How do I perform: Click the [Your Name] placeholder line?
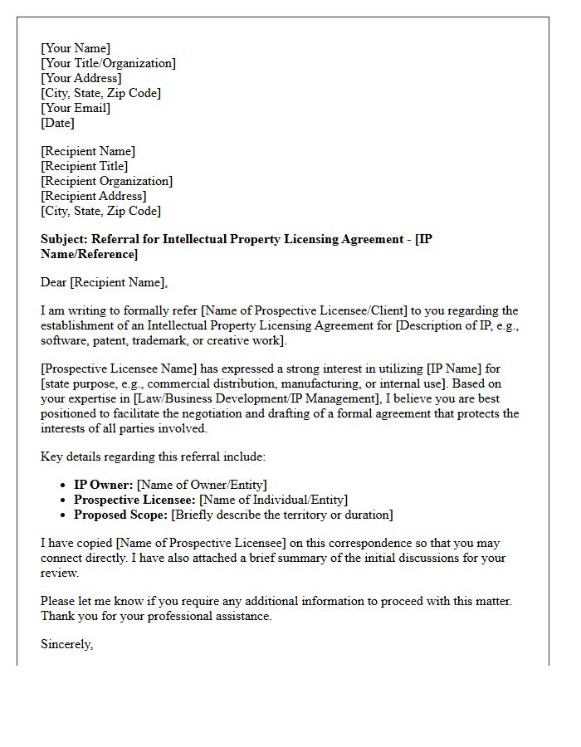pos(76,48)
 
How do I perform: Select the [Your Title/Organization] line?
pos(108,63)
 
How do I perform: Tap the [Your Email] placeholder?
pos(76,108)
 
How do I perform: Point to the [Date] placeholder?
pos(57,123)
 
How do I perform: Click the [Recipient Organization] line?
pos(106,181)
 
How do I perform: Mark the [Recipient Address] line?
pos(93,196)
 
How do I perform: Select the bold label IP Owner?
pos(104,485)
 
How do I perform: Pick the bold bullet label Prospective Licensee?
pos(134,500)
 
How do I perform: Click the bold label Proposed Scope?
pos(121,515)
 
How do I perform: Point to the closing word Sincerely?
pos(66,644)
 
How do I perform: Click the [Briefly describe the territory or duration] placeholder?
pos(282,515)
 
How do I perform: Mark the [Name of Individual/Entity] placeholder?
pos(273,500)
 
